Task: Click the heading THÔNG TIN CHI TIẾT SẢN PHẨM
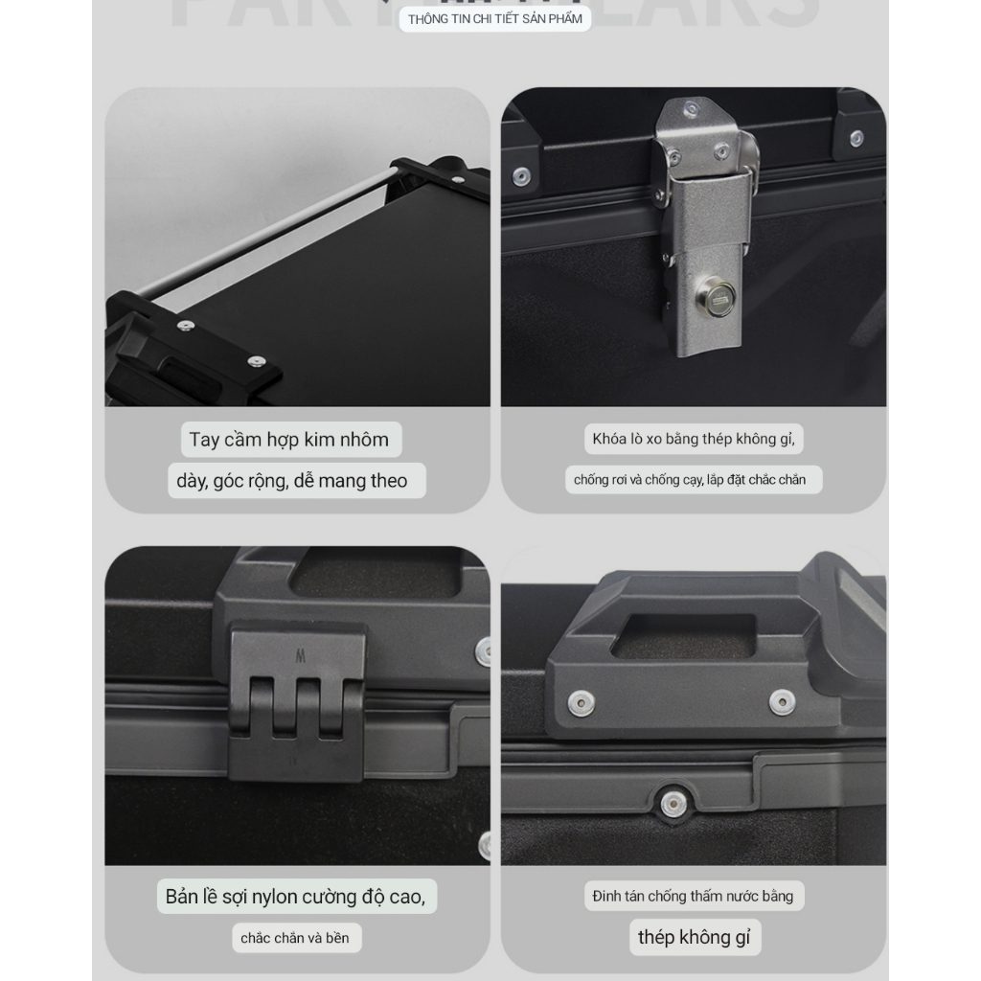(494, 19)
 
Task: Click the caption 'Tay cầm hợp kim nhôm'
(289, 440)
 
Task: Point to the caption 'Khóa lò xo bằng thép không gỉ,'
(694, 439)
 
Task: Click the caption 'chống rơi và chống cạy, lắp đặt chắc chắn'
(690, 479)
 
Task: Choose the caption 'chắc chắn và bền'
(295, 938)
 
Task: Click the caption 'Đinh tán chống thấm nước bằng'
(693, 897)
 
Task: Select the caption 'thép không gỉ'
(695, 937)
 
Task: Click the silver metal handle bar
(273, 229)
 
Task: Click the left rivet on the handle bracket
(581, 703)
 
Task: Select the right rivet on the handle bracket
(782, 702)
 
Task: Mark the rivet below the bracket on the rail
(673, 802)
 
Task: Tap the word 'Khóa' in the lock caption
(609, 439)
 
